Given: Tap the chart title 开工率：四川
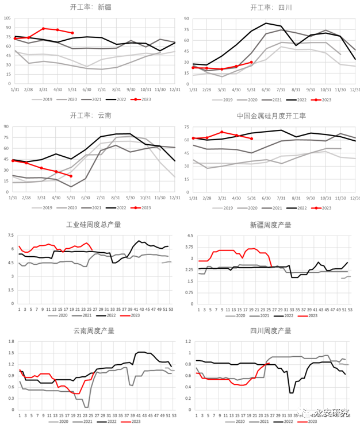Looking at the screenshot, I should (x=271, y=7).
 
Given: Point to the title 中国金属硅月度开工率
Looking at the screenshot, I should (x=271, y=115).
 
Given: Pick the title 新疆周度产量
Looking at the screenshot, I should (x=271, y=224).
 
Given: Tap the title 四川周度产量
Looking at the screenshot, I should (x=271, y=330).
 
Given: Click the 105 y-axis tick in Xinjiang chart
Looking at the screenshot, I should (x=7, y=18).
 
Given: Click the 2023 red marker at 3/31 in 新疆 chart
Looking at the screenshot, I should (x=44, y=28).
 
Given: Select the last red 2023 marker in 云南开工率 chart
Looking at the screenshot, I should (x=71, y=176).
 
